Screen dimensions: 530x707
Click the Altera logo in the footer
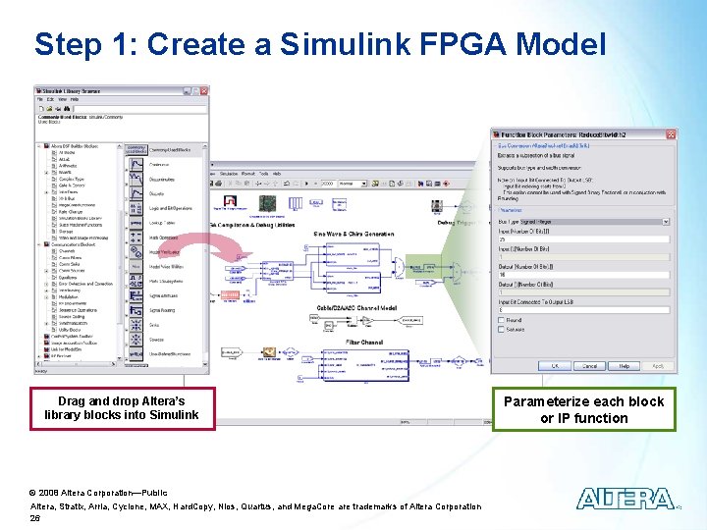pos(625,499)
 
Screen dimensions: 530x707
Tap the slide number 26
pos(35,517)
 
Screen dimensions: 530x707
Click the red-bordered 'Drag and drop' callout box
pos(121,408)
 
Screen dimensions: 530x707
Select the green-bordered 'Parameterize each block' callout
pos(583,409)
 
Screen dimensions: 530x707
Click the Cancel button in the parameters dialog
pos(589,366)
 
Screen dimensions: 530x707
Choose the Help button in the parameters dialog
pos(624,366)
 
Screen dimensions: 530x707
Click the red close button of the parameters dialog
pos(668,134)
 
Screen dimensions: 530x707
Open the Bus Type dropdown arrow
pos(667,222)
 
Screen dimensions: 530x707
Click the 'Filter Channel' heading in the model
pos(365,343)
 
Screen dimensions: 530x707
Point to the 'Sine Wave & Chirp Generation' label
pos(353,234)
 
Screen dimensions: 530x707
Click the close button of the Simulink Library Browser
pos(202,90)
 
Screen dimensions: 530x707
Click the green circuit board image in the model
pos(265,203)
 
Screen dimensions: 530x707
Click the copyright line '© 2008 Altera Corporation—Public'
pos(98,491)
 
